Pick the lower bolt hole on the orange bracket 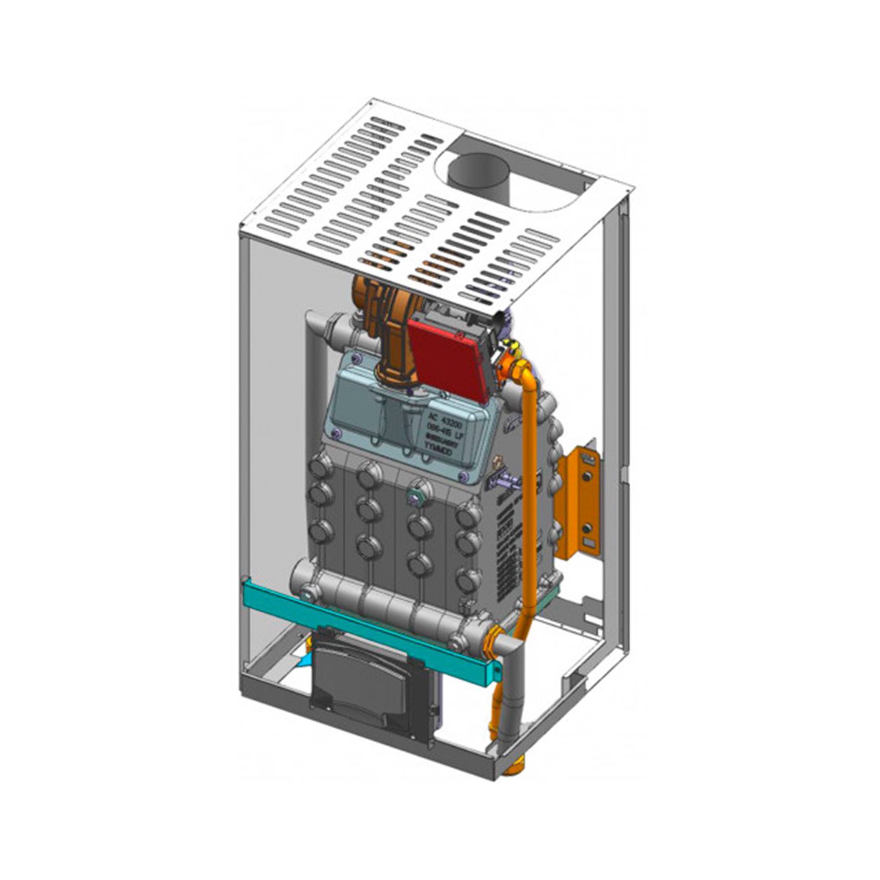587,528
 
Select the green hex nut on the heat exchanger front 416,486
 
